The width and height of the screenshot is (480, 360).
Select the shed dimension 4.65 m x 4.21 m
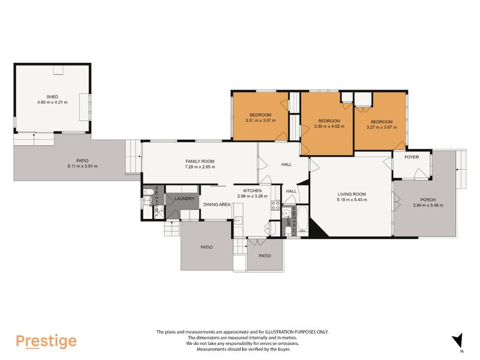click(x=53, y=103)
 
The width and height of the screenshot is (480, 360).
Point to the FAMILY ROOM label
click(x=200, y=161)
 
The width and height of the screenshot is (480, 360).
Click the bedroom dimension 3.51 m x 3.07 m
click(x=260, y=121)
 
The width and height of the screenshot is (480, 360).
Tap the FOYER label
click(x=412, y=157)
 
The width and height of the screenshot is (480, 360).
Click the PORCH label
click(x=427, y=200)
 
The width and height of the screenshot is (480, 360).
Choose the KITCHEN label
click(x=245, y=190)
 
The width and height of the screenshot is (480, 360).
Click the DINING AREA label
click(x=217, y=205)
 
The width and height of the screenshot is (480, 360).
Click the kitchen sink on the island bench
click(x=238, y=221)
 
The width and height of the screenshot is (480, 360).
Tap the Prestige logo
click(x=46, y=341)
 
